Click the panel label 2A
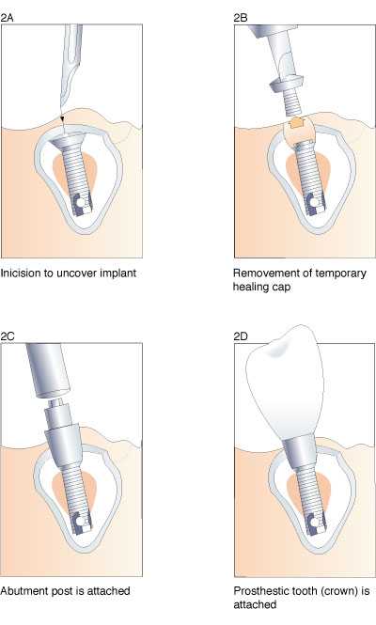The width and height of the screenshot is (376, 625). [x=7, y=18]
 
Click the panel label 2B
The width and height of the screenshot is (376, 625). [x=241, y=18]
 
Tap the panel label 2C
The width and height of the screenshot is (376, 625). [x=8, y=336]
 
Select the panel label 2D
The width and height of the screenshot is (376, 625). [x=241, y=336]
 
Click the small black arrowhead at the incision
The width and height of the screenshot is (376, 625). [x=62, y=119]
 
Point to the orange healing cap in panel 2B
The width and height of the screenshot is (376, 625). [x=297, y=122]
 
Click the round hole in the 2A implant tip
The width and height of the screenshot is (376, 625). [x=82, y=203]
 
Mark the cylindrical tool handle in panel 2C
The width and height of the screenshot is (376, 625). [x=48, y=370]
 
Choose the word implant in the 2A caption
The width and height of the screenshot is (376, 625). [x=118, y=273]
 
